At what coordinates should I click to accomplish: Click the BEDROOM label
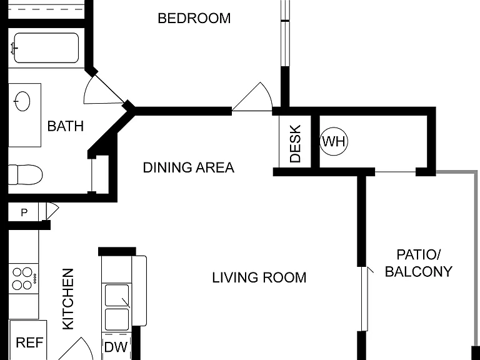click(194, 18)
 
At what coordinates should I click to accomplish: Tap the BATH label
click(66, 126)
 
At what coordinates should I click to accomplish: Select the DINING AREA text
click(189, 167)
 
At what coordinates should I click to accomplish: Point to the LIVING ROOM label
click(259, 277)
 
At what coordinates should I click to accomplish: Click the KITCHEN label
click(68, 299)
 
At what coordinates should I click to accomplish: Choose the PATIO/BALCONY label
click(419, 263)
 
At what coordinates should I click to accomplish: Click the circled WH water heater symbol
click(334, 141)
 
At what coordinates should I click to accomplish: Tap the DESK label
click(296, 143)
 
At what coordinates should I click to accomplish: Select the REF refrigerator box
click(28, 340)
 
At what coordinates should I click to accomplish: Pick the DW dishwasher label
click(116, 347)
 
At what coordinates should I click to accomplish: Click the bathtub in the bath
click(46, 47)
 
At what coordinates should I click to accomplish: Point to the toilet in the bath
click(25, 175)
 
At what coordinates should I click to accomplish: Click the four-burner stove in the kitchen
click(24, 279)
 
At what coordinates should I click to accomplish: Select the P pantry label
click(24, 212)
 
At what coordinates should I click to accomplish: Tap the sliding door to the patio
click(364, 299)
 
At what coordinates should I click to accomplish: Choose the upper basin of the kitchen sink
click(117, 296)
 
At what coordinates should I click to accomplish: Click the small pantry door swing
click(52, 211)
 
